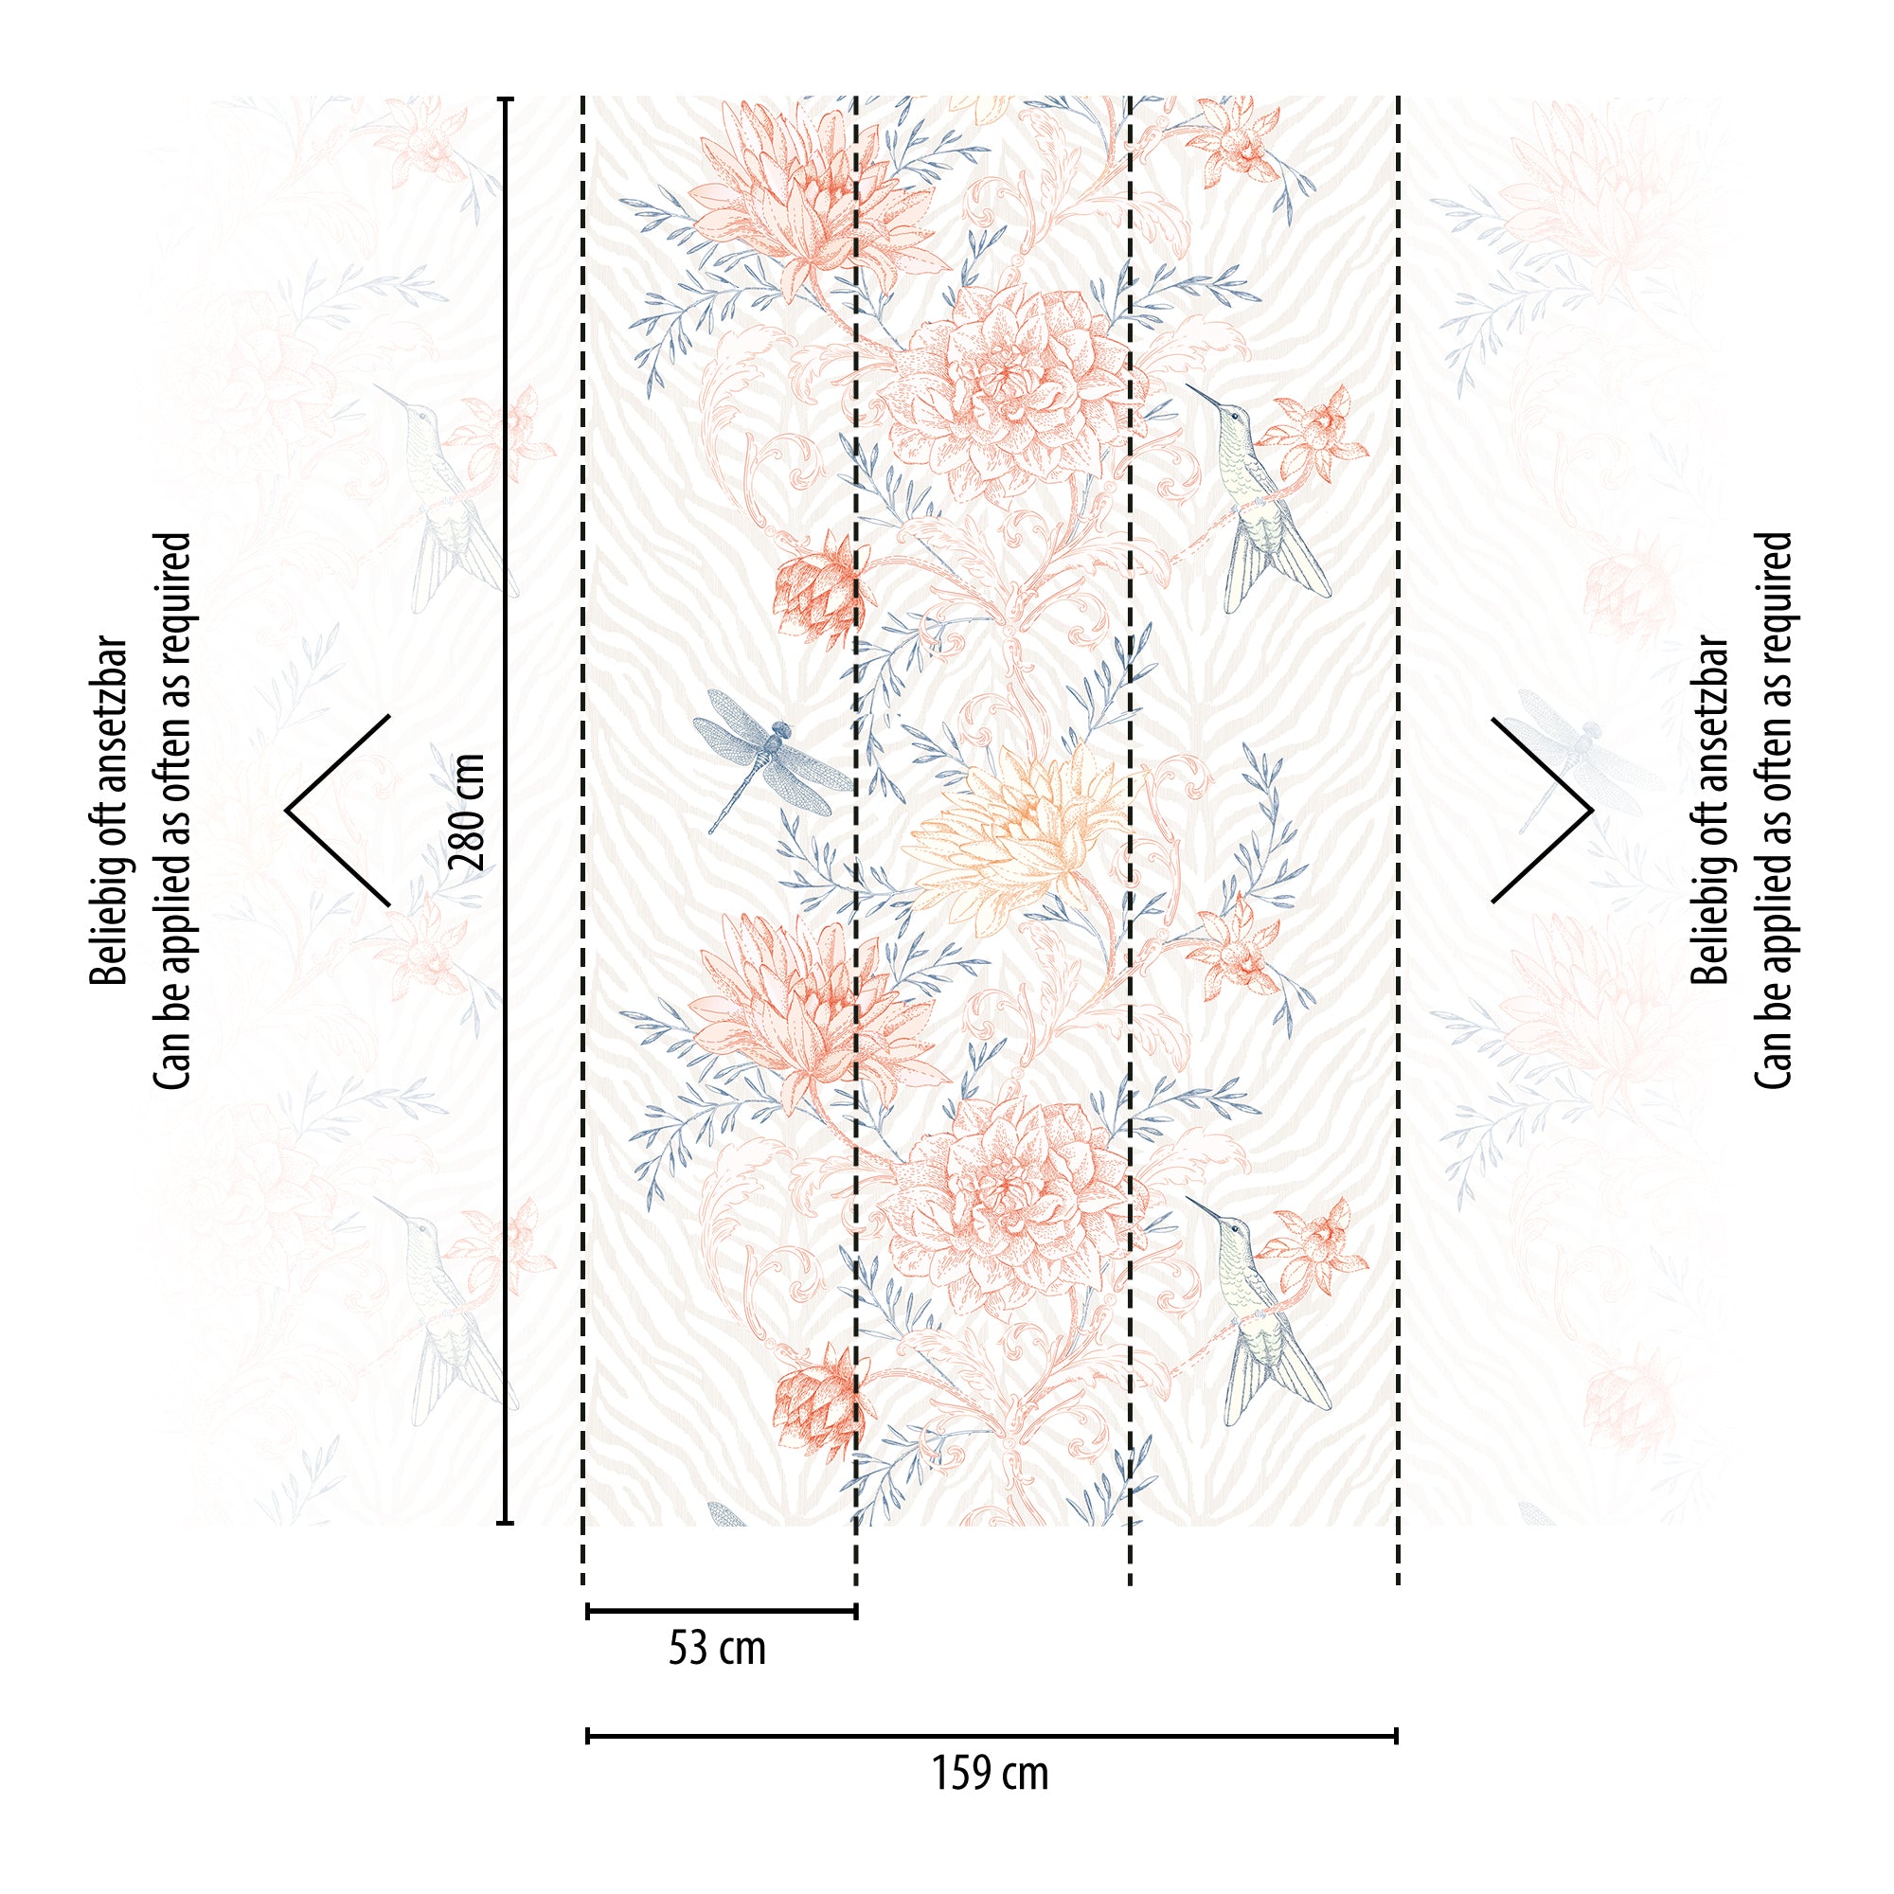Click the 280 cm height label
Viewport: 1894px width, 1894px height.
tap(466, 812)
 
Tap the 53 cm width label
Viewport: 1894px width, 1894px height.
tap(717, 1648)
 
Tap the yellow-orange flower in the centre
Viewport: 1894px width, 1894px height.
tap(1020, 833)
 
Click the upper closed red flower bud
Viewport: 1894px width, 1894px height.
tap(813, 588)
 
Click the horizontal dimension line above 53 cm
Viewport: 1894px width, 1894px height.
tap(722, 1611)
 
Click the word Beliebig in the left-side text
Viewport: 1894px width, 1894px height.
tap(109, 936)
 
